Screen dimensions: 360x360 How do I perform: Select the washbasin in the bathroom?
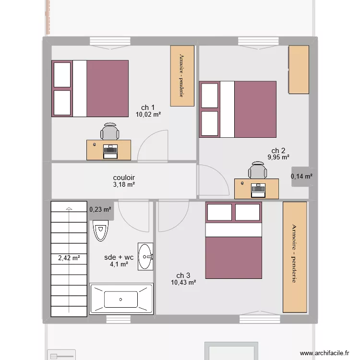(x=145, y=257)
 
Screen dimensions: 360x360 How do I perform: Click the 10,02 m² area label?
(x=148, y=115)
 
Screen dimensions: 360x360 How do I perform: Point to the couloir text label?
(x=124, y=177)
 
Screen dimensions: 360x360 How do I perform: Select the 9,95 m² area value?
(x=278, y=157)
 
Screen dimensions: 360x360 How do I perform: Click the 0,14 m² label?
(x=301, y=176)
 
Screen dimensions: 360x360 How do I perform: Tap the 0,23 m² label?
(x=100, y=209)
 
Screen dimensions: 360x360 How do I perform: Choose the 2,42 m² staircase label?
(x=69, y=258)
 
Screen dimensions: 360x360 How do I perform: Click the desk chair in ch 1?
(x=110, y=132)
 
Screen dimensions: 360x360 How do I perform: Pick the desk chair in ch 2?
(x=258, y=170)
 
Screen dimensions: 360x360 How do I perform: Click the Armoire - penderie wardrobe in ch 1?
(x=182, y=75)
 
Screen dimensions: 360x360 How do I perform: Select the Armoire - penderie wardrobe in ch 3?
(x=294, y=257)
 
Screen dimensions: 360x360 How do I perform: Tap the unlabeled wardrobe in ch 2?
(x=298, y=70)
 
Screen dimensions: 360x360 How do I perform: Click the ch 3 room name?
(x=183, y=276)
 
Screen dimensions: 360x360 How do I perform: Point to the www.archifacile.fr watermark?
(x=324, y=353)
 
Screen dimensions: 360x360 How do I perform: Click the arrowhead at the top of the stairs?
(x=69, y=209)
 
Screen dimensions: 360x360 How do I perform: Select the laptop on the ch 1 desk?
(x=111, y=150)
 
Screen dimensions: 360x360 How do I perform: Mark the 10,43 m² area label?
(x=183, y=283)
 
